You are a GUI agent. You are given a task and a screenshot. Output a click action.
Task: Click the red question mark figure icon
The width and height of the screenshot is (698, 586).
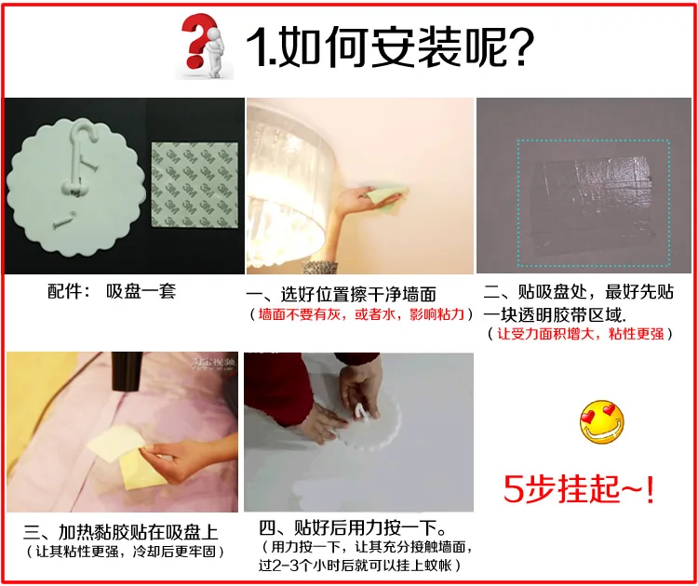(x=204, y=46)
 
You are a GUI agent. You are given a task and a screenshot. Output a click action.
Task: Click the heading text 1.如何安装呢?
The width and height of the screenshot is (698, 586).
(x=390, y=47)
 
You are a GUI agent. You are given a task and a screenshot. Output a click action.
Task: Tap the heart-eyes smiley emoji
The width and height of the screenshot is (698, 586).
(x=602, y=421)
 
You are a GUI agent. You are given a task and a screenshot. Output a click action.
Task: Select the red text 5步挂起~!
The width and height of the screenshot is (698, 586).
(x=579, y=489)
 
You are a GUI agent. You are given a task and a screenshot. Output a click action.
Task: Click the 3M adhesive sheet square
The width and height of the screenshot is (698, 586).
(x=195, y=185)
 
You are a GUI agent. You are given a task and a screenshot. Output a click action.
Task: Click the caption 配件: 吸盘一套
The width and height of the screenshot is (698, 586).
(x=112, y=291)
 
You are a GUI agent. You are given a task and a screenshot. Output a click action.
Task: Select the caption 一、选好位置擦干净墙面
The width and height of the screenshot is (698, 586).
(x=341, y=294)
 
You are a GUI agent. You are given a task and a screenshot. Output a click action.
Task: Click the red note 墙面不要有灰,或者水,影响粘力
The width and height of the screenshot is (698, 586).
(x=361, y=314)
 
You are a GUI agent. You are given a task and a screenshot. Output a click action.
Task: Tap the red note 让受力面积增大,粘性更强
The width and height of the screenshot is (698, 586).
(x=581, y=334)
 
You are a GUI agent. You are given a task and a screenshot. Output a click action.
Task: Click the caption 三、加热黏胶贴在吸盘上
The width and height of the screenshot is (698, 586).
(x=121, y=532)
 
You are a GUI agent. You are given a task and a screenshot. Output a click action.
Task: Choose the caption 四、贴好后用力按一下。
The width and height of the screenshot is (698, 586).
(x=353, y=528)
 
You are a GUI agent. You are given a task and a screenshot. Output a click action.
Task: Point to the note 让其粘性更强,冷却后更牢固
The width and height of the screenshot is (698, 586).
(x=126, y=552)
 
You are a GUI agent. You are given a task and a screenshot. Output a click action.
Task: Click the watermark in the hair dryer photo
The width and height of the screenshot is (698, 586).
(x=213, y=364)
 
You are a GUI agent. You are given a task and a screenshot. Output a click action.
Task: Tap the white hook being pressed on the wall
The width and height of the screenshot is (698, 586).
(x=361, y=411)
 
